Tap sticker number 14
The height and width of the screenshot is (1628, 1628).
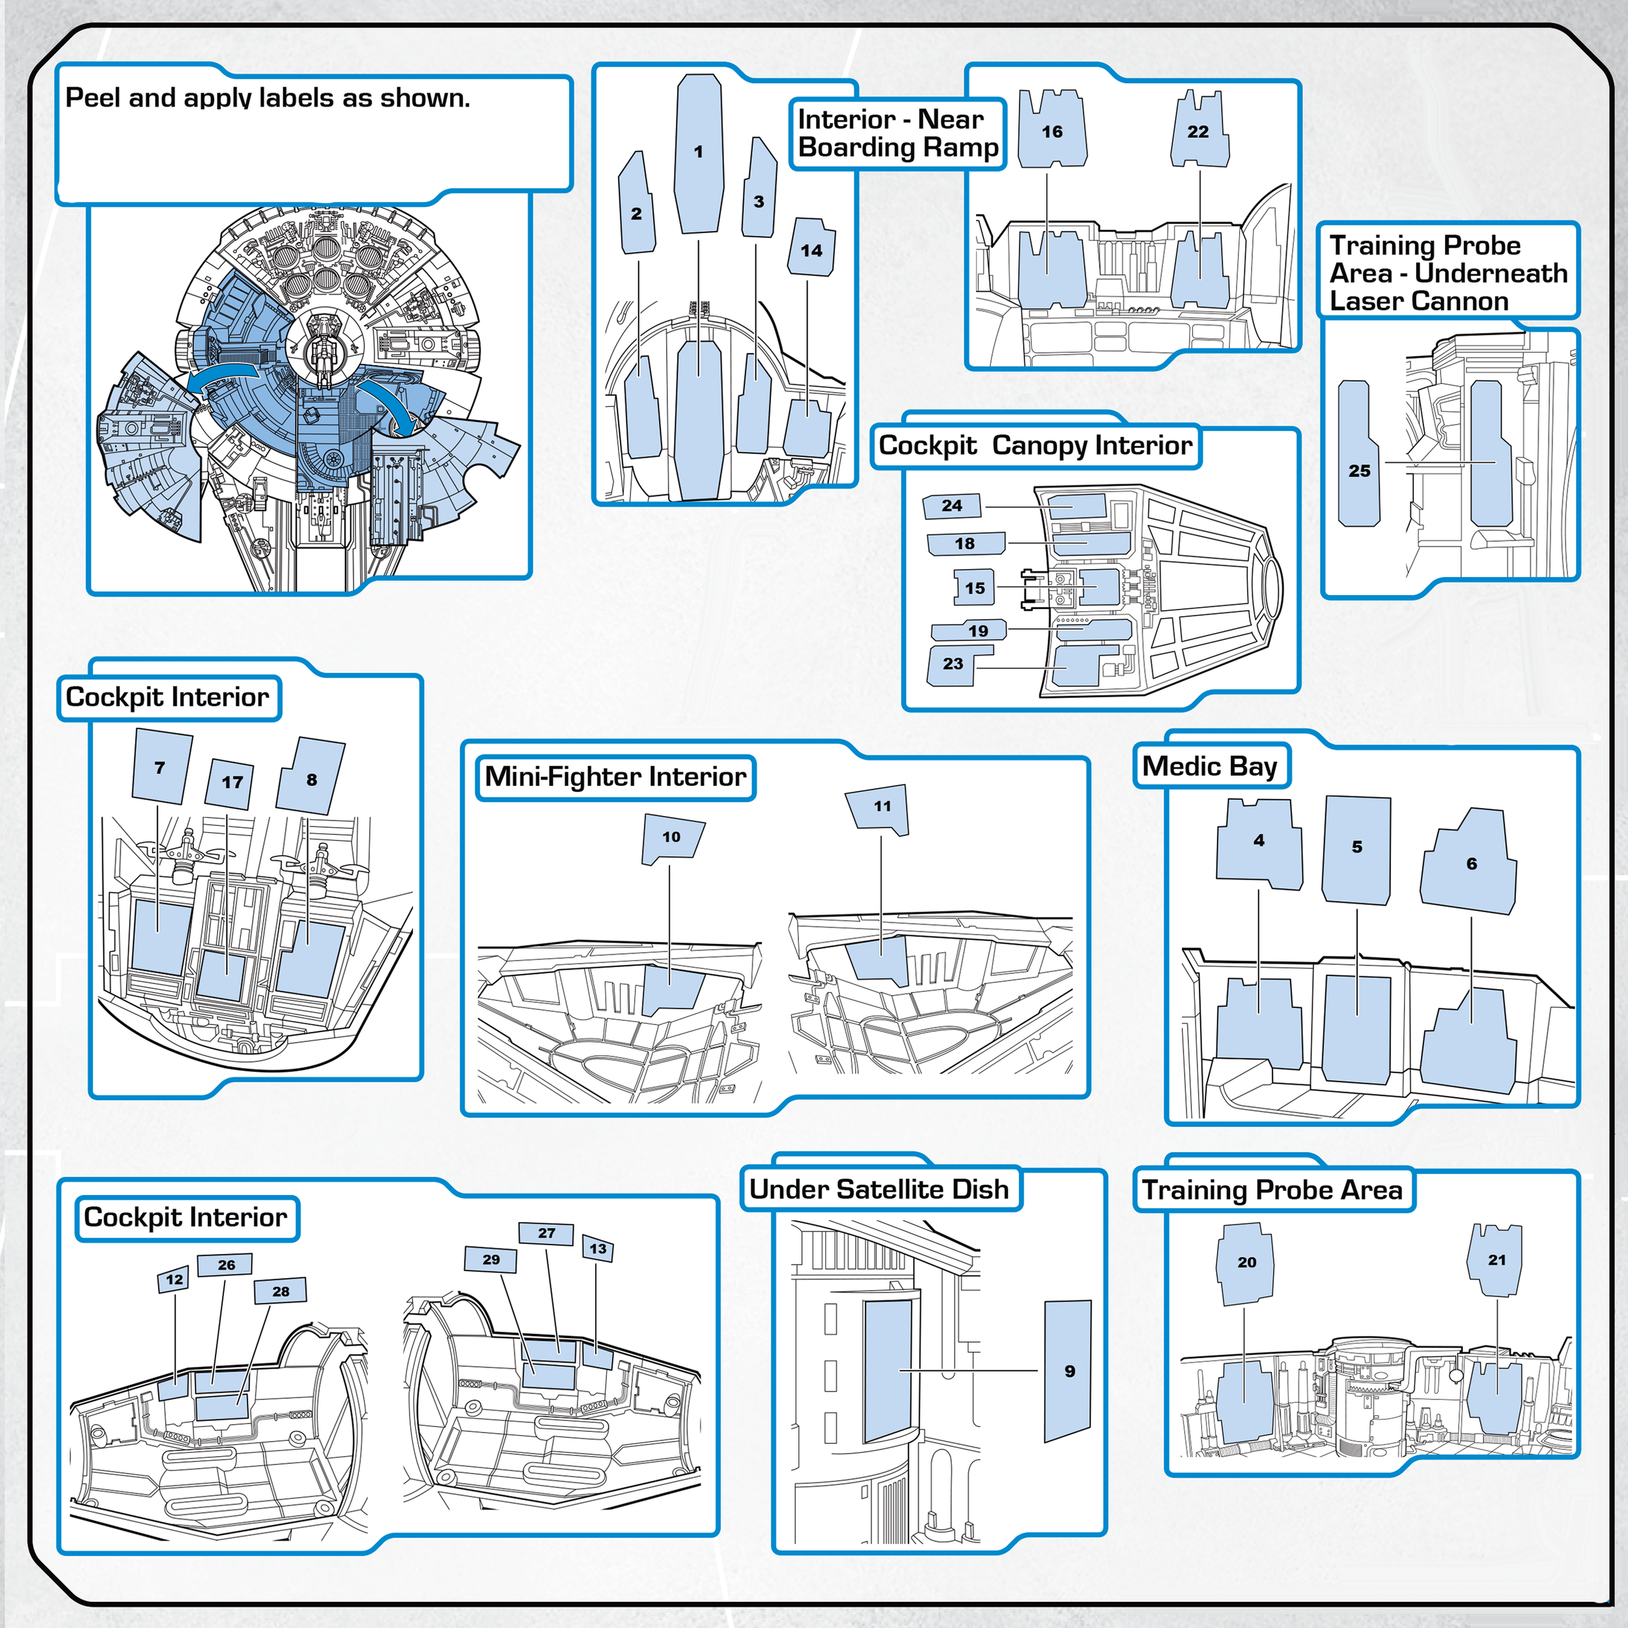(x=811, y=249)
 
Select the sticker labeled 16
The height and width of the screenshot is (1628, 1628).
(x=1052, y=132)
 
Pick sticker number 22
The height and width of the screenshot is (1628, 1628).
(x=1198, y=132)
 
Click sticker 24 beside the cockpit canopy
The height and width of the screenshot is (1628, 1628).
(x=952, y=505)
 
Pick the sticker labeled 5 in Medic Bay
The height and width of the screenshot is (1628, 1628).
(x=1356, y=848)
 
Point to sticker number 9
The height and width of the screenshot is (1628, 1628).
(x=1069, y=1371)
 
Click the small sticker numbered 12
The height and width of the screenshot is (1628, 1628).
(x=175, y=1280)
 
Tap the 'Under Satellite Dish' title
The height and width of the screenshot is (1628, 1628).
(x=879, y=1189)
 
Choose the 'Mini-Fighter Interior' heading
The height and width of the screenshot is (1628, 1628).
(x=615, y=777)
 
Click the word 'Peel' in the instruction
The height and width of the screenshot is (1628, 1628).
(x=92, y=98)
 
